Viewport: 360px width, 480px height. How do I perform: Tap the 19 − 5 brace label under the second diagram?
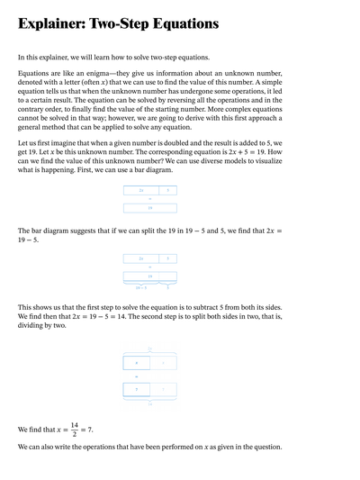140,288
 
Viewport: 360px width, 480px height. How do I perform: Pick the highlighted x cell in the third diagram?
136,362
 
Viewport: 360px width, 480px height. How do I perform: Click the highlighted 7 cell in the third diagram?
136,390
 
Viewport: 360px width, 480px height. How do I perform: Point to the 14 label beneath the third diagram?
149,405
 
